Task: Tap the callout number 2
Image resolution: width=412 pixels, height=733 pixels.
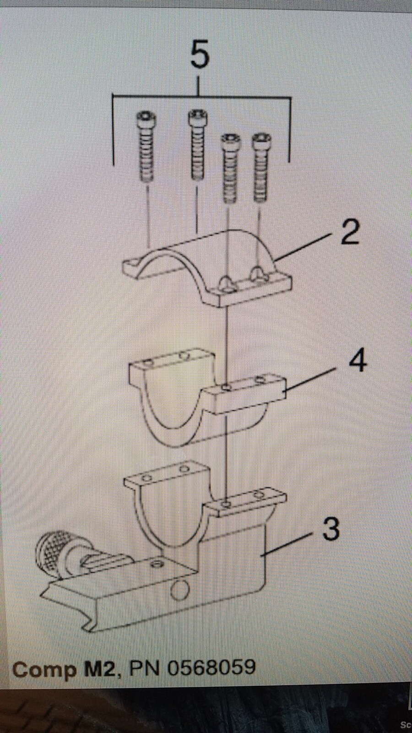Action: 350,233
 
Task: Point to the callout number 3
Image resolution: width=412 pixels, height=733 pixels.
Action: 331,529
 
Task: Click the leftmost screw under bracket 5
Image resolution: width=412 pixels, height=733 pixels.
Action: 146,146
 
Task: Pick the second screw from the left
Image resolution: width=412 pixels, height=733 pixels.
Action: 197,144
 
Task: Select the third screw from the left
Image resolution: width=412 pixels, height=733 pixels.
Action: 229,168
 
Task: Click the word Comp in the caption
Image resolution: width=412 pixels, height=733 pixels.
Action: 44,670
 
